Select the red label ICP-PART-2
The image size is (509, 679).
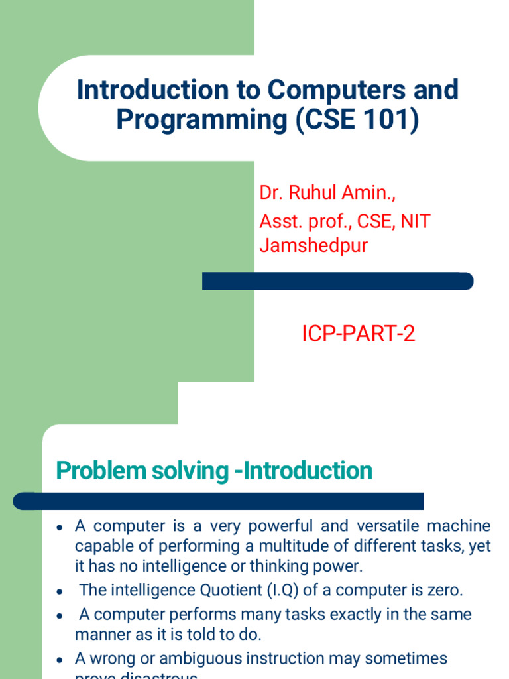pos(359,334)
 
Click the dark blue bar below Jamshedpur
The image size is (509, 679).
pos(337,281)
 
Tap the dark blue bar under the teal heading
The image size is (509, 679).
pos(219,501)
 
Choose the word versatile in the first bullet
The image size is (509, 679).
pos(389,526)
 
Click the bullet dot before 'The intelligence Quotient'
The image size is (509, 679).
pos(60,591)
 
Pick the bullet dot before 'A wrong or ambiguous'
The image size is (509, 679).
pos(60,660)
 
